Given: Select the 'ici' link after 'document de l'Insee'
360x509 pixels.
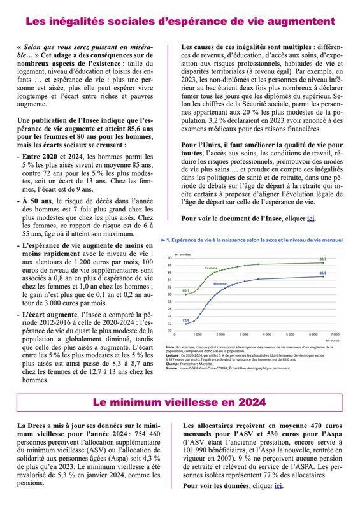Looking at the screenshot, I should (x=311, y=219).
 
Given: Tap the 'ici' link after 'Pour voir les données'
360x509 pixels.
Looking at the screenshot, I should (x=278, y=485).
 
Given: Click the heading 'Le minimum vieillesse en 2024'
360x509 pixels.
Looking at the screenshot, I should (x=180, y=403).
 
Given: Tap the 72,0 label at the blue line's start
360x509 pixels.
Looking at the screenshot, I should (x=186, y=320).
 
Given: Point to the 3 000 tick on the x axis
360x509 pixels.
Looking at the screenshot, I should (x=243, y=334).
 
